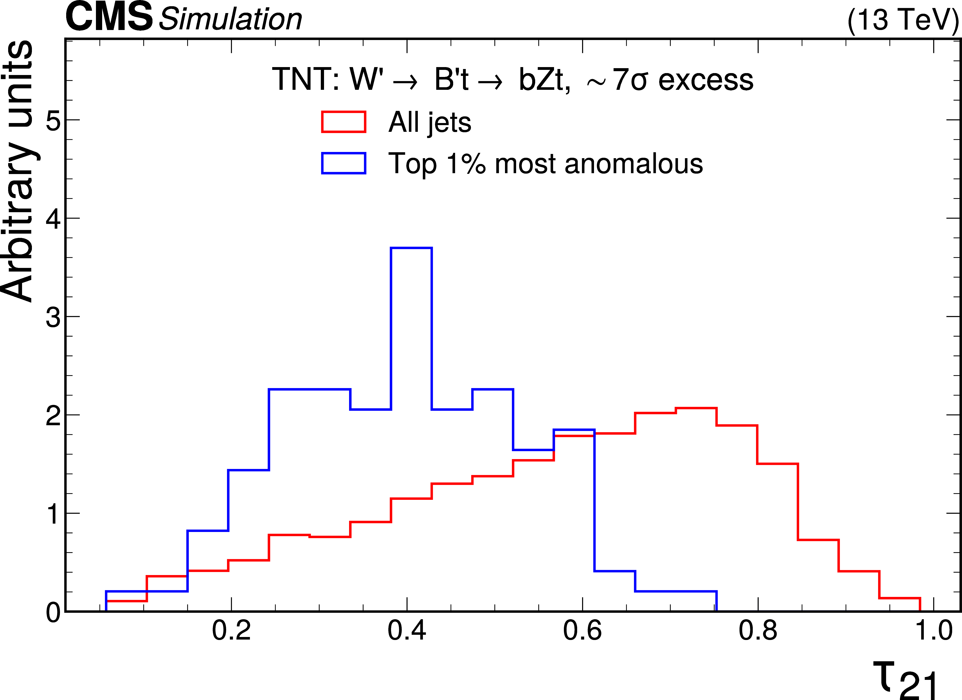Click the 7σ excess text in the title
click(683, 80)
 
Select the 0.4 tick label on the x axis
click(407, 631)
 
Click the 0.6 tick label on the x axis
click(582, 631)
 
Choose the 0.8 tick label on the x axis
click(758, 631)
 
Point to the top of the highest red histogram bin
click(696, 408)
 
